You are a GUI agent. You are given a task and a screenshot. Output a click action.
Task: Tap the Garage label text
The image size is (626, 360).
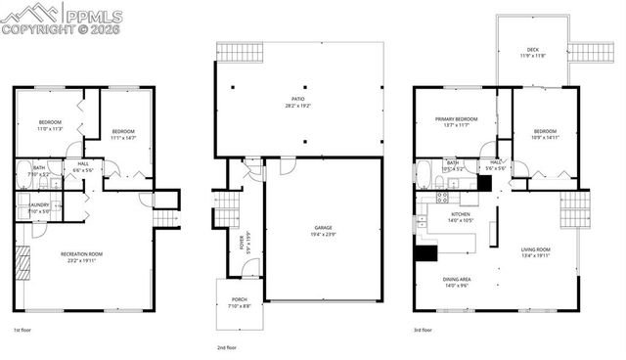(322, 232)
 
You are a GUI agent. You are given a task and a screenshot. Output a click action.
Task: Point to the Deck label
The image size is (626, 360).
(533, 50)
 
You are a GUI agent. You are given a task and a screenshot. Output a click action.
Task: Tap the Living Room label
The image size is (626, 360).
(535, 252)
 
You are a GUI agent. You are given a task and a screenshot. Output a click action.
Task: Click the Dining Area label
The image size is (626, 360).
(458, 281)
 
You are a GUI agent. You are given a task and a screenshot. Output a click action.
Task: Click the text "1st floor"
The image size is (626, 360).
(24, 332)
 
